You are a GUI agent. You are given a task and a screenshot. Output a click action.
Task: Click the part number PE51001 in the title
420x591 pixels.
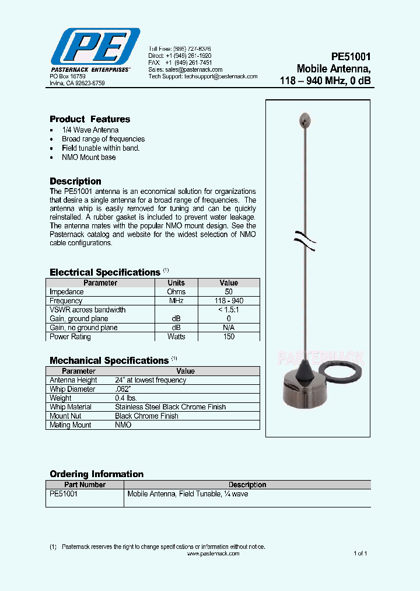pos(351,57)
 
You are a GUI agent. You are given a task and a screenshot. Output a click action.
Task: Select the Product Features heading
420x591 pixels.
pos(90,119)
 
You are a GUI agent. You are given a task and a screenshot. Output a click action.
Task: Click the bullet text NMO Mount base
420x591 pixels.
pos(89,157)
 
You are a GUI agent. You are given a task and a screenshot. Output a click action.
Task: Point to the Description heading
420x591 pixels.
pos(75,181)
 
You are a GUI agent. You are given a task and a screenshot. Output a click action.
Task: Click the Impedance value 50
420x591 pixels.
pos(229,291)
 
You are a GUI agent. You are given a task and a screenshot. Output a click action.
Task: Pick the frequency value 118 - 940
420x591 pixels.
pos(229,301)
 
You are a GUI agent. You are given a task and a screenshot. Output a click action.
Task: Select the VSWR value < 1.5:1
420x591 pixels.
pos(229,310)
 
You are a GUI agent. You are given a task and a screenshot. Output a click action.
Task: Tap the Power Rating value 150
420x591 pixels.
pos(229,336)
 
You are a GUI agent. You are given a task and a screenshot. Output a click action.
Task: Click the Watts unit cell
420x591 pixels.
pos(176,336)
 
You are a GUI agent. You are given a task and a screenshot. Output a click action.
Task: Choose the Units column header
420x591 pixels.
pos(176,283)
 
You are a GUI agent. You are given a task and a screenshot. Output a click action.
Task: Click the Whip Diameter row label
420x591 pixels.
pos(72,389)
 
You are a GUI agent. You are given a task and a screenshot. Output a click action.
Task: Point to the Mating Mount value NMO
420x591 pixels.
pos(123,425)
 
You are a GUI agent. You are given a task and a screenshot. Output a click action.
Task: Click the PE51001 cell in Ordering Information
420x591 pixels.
pos(64,494)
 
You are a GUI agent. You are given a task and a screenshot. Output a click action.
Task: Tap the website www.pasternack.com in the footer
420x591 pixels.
pos(213,554)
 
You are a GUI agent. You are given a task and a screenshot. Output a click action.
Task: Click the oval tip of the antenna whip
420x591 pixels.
pos(306,120)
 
